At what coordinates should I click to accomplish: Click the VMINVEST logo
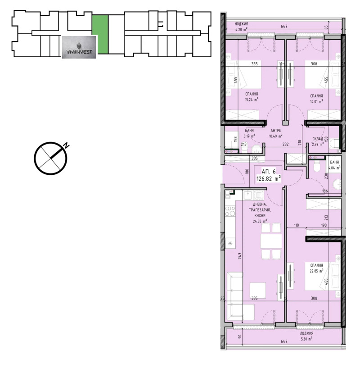tap(78, 46)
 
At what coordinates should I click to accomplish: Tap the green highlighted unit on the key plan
tap(100, 35)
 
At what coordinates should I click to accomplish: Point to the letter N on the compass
tap(66, 146)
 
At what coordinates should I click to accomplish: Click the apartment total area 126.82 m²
tap(269, 178)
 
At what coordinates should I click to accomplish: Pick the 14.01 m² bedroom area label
tap(317, 102)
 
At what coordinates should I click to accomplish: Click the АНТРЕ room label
tap(275, 130)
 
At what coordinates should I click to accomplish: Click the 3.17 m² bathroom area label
tap(249, 136)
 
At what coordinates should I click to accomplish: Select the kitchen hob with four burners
tap(230, 211)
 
